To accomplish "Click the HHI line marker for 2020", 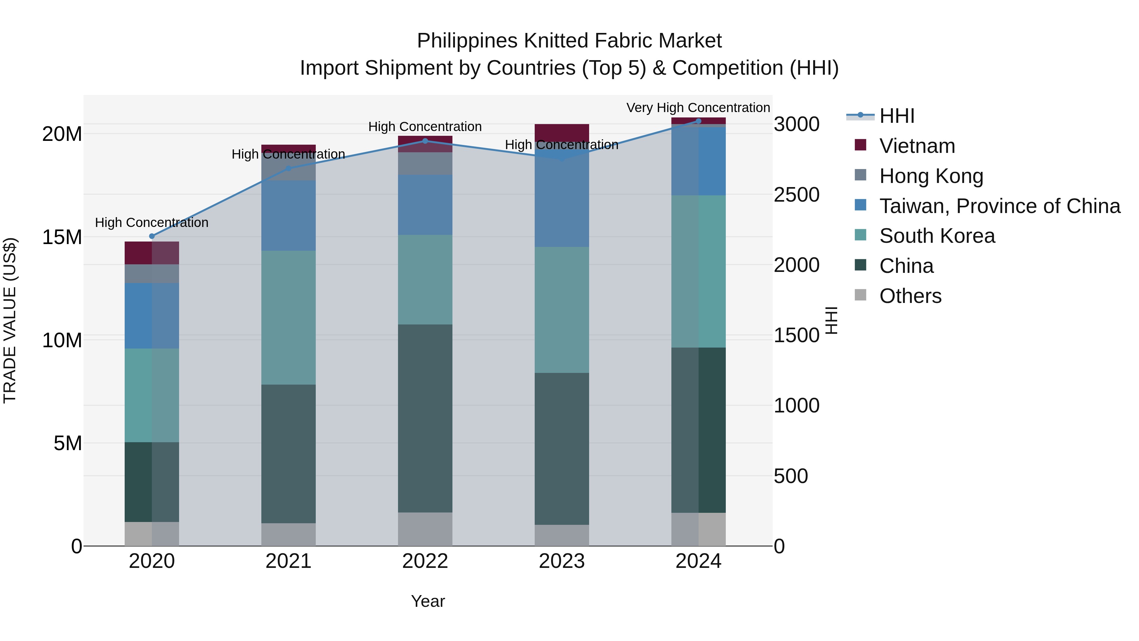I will coord(152,236).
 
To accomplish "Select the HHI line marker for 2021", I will coord(288,168).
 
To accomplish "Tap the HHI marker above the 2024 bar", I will coord(699,121).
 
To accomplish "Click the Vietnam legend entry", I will coord(917,146).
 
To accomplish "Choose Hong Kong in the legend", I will coord(931,176).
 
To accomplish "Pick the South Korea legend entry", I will coord(937,236).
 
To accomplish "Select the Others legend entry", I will coord(910,296).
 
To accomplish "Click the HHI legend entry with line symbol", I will coord(897,116).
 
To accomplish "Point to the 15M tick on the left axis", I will coord(62,237).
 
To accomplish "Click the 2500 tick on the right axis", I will coord(796,195).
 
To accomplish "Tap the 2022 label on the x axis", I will coord(425,561).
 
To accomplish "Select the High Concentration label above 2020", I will coord(152,223).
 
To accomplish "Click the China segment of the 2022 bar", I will coord(425,418).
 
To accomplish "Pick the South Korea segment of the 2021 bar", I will coord(288,317).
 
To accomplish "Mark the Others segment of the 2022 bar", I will coord(425,529).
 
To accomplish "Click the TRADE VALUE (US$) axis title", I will coord(10,320).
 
